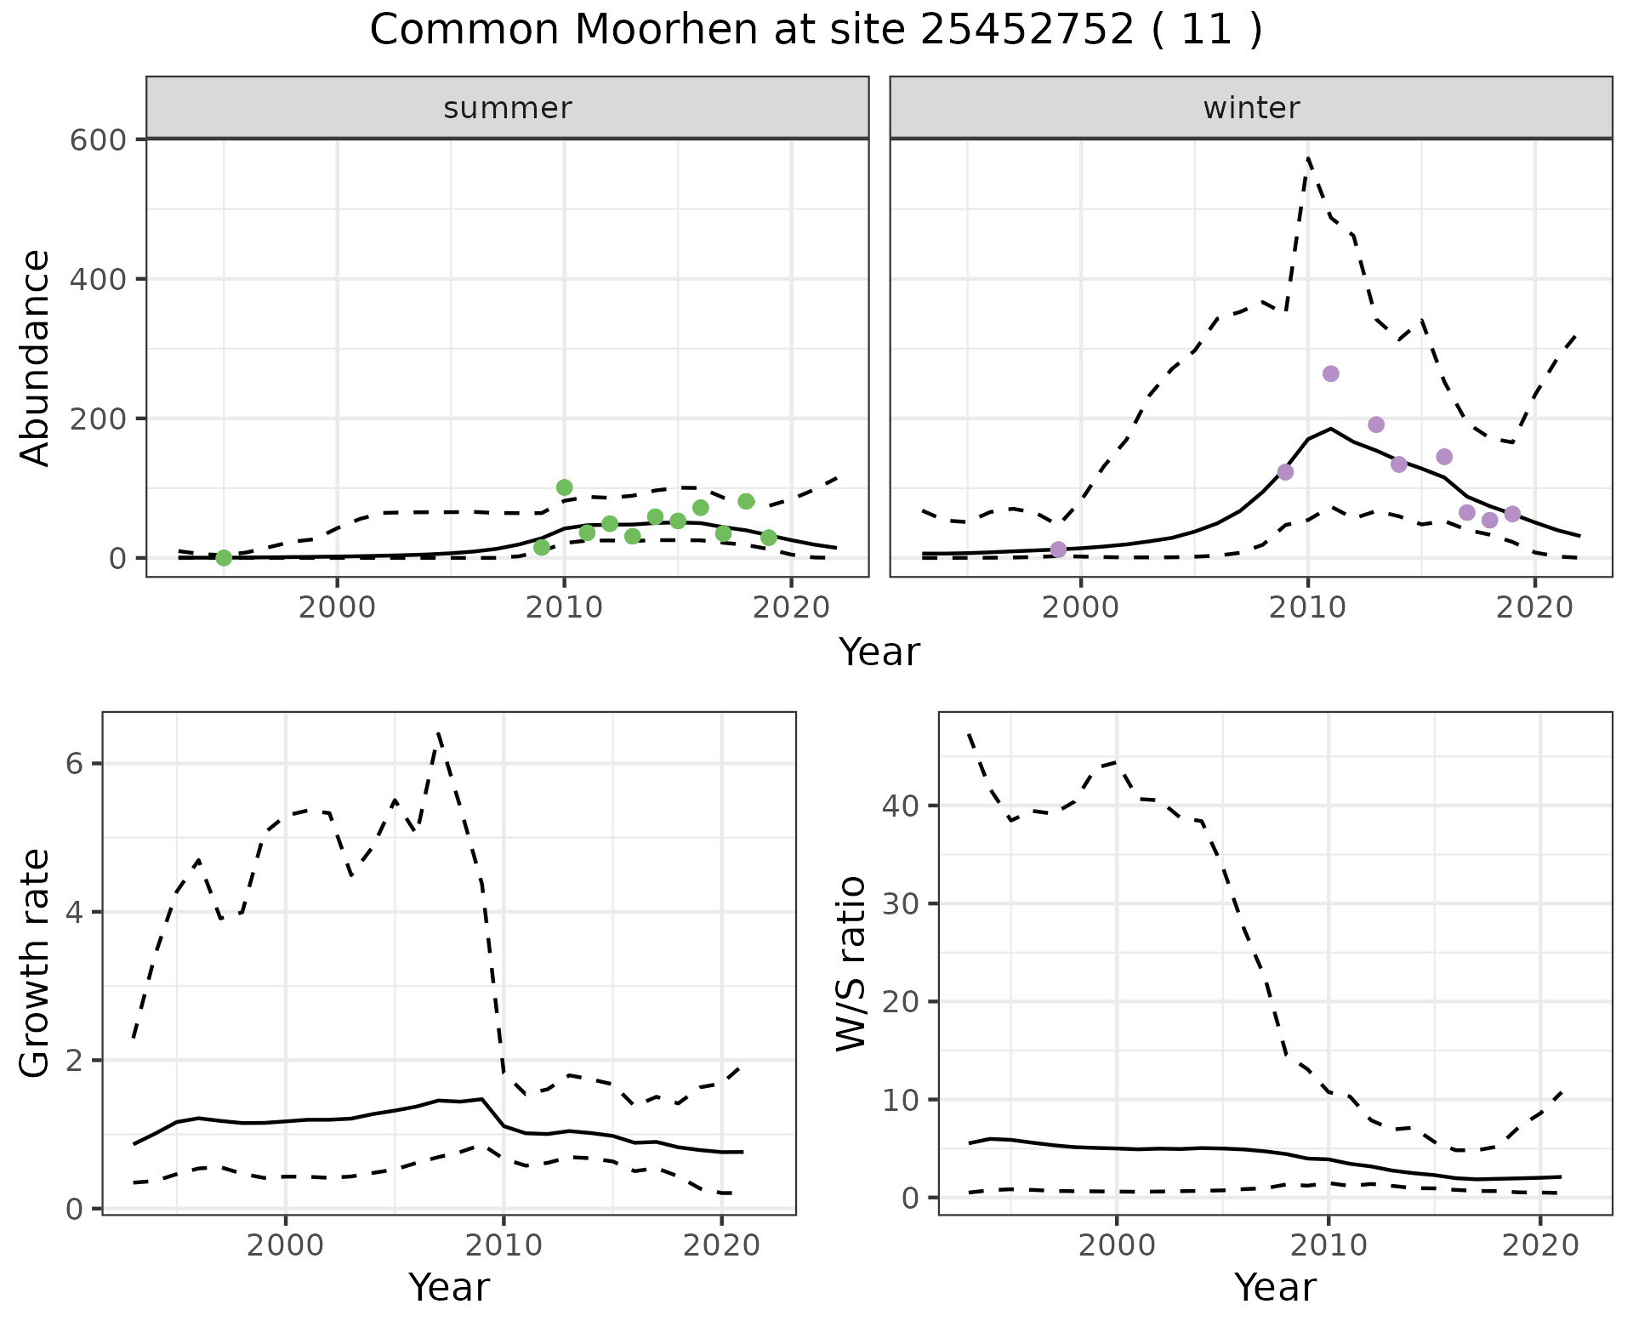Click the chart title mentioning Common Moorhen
[816, 31]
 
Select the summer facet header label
[508, 108]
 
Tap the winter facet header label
[1251, 108]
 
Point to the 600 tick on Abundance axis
[97, 140]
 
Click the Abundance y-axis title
[36, 358]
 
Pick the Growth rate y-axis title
[36, 963]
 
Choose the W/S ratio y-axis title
[851, 963]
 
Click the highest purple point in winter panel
[1331, 373]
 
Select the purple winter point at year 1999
[1058, 550]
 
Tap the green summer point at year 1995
[224, 558]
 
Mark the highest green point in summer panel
[564, 487]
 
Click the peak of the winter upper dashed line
[1308, 158]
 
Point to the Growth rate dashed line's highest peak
[438, 732]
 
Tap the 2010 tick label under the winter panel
[1308, 609]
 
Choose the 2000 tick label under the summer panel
[338, 609]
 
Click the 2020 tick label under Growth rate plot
[721, 1246]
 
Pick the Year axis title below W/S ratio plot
[1275, 1287]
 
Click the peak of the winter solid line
[1331, 429]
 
